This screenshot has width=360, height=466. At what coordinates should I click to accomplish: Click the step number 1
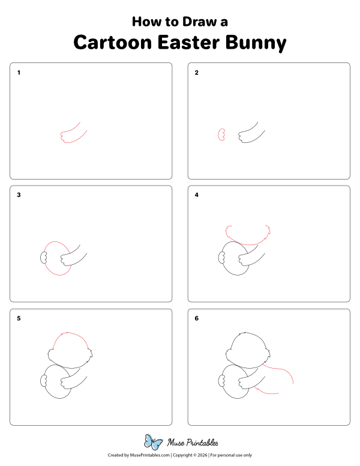pyautogui.click(x=19, y=73)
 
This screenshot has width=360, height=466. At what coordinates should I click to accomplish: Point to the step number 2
pyautogui.click(x=196, y=73)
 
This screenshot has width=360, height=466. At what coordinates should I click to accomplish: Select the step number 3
pyautogui.click(x=19, y=195)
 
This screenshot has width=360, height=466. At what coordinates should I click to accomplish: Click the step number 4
pyautogui.click(x=196, y=195)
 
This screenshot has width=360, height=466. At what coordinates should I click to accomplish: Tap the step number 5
pyautogui.click(x=19, y=318)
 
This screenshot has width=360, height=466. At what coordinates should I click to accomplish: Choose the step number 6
pyautogui.click(x=196, y=318)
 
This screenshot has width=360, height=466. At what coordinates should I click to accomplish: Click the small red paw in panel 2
pyautogui.click(x=221, y=135)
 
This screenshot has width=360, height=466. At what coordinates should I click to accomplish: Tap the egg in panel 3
pyautogui.click(x=55, y=258)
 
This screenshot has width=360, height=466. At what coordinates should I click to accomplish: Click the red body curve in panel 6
pyautogui.click(x=282, y=372)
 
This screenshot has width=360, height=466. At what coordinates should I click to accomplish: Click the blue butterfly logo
pyautogui.click(x=154, y=443)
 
